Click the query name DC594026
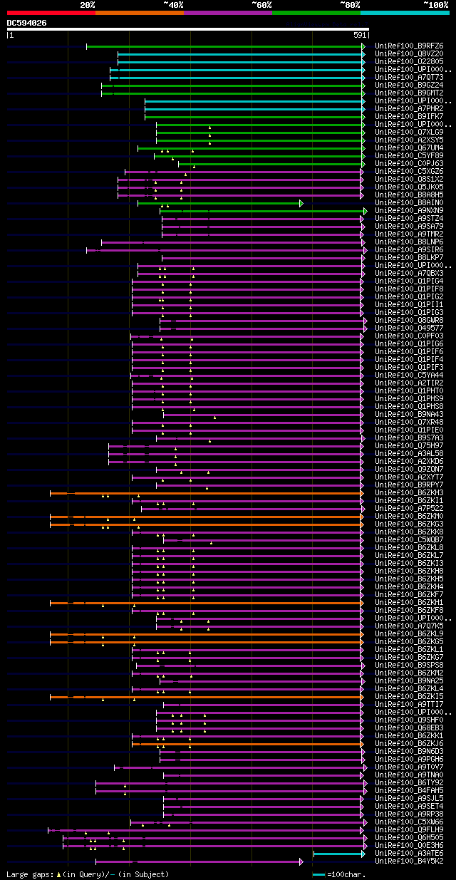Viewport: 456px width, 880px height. [27, 23]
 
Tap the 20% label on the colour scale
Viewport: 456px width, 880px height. [88, 4]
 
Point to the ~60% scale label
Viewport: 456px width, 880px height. [261, 4]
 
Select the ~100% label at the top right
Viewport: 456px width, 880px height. [435, 4]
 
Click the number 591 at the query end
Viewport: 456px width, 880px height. [360, 35]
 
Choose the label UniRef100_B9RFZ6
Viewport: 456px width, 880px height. [409, 46]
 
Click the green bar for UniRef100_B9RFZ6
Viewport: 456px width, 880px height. [224, 46]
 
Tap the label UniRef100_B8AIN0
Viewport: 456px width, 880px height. [409, 203]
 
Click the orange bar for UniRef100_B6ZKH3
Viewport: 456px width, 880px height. [207, 493]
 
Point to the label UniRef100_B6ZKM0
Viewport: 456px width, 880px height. [409, 517]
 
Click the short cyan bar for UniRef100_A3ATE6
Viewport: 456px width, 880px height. [338, 854]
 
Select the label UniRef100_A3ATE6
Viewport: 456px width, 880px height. [409, 854]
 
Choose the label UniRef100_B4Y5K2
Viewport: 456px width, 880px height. [409, 861]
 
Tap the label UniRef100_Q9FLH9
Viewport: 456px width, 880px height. [409, 830]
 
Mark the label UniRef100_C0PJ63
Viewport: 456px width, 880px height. [409, 164]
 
